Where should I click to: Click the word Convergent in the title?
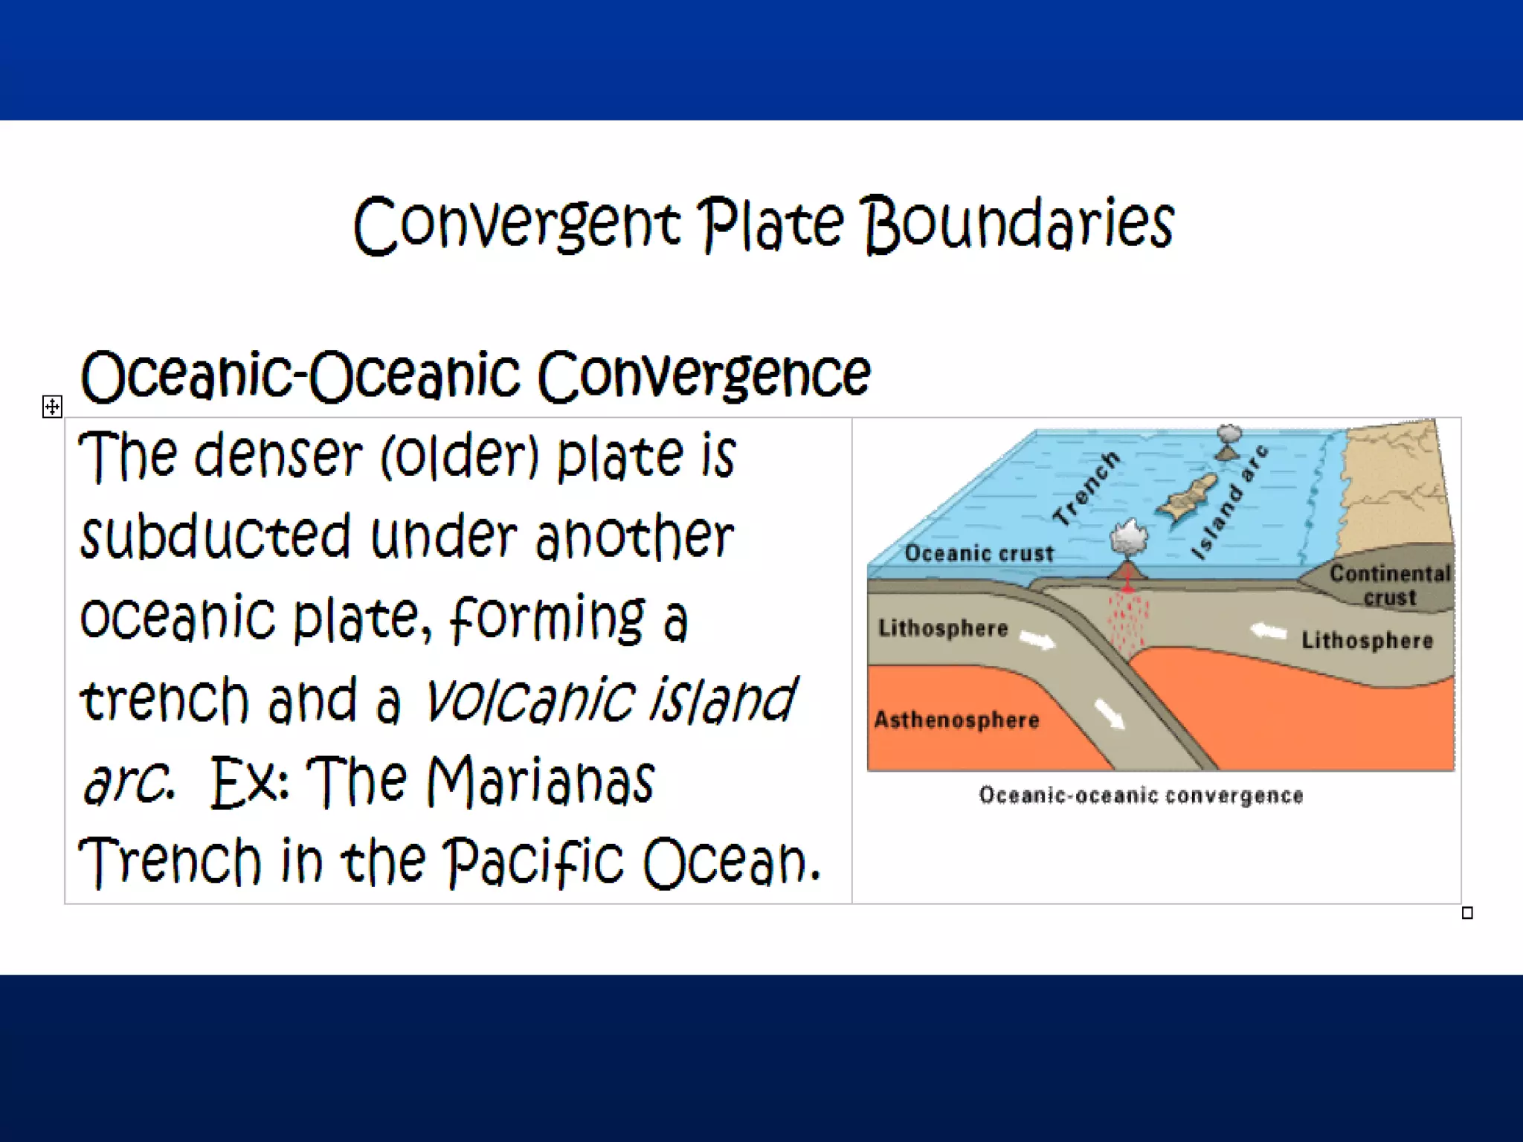point(516,225)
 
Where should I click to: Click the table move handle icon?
point(52,407)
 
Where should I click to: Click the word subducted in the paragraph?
point(215,537)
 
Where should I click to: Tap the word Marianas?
point(541,781)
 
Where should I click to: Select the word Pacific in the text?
point(533,862)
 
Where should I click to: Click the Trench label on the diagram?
point(1087,488)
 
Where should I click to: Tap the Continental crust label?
point(1389,585)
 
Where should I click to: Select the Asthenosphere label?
point(956,720)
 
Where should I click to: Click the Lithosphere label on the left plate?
point(943,628)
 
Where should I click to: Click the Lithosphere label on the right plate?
point(1366,640)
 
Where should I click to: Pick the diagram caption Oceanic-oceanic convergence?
point(1141,796)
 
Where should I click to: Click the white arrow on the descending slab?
point(1110,715)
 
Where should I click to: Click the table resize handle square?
point(1467,913)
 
